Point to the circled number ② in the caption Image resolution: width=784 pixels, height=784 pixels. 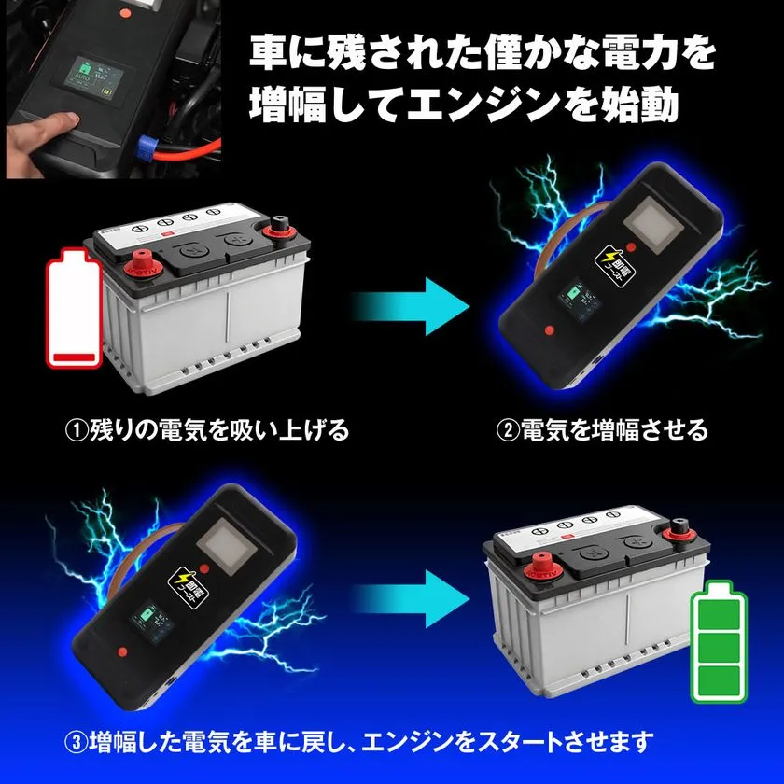506,430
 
